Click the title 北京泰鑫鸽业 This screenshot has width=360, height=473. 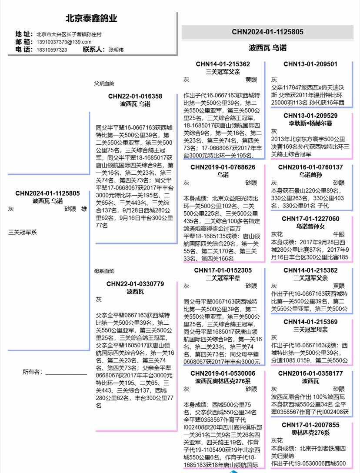91,19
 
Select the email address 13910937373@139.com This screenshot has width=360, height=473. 63,42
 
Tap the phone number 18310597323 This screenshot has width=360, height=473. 52,50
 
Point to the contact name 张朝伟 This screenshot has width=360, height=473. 116,50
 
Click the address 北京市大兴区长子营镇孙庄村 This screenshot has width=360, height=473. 69,34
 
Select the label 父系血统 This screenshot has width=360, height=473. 104,83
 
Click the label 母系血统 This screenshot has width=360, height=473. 104,271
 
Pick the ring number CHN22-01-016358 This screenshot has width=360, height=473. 135,97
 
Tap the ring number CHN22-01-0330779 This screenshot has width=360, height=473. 135,284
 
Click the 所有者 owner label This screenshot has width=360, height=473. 33,372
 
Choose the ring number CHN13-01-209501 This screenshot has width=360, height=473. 310,64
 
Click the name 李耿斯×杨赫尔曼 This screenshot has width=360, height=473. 310,123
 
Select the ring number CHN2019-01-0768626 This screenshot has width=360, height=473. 223,167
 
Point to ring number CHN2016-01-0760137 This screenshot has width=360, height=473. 310,167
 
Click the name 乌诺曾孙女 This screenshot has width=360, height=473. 310,226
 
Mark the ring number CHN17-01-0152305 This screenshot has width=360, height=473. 223,270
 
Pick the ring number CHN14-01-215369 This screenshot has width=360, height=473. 310,322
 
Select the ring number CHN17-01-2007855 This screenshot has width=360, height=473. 310,425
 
